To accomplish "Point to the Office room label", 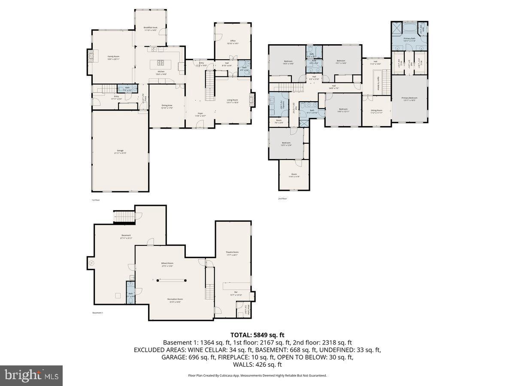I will [x=232, y=42].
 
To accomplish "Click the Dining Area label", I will [x=167, y=106].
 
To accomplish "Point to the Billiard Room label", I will [x=167, y=264].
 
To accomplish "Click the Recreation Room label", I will [x=174, y=300].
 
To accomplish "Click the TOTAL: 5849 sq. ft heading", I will [x=257, y=335].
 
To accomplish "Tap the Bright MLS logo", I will [x=31, y=376].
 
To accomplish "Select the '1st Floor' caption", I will [x=96, y=200].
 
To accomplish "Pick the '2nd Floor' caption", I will [x=282, y=199].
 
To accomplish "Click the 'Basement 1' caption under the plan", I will [x=97, y=313].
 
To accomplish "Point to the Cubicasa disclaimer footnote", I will [x=257, y=375].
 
